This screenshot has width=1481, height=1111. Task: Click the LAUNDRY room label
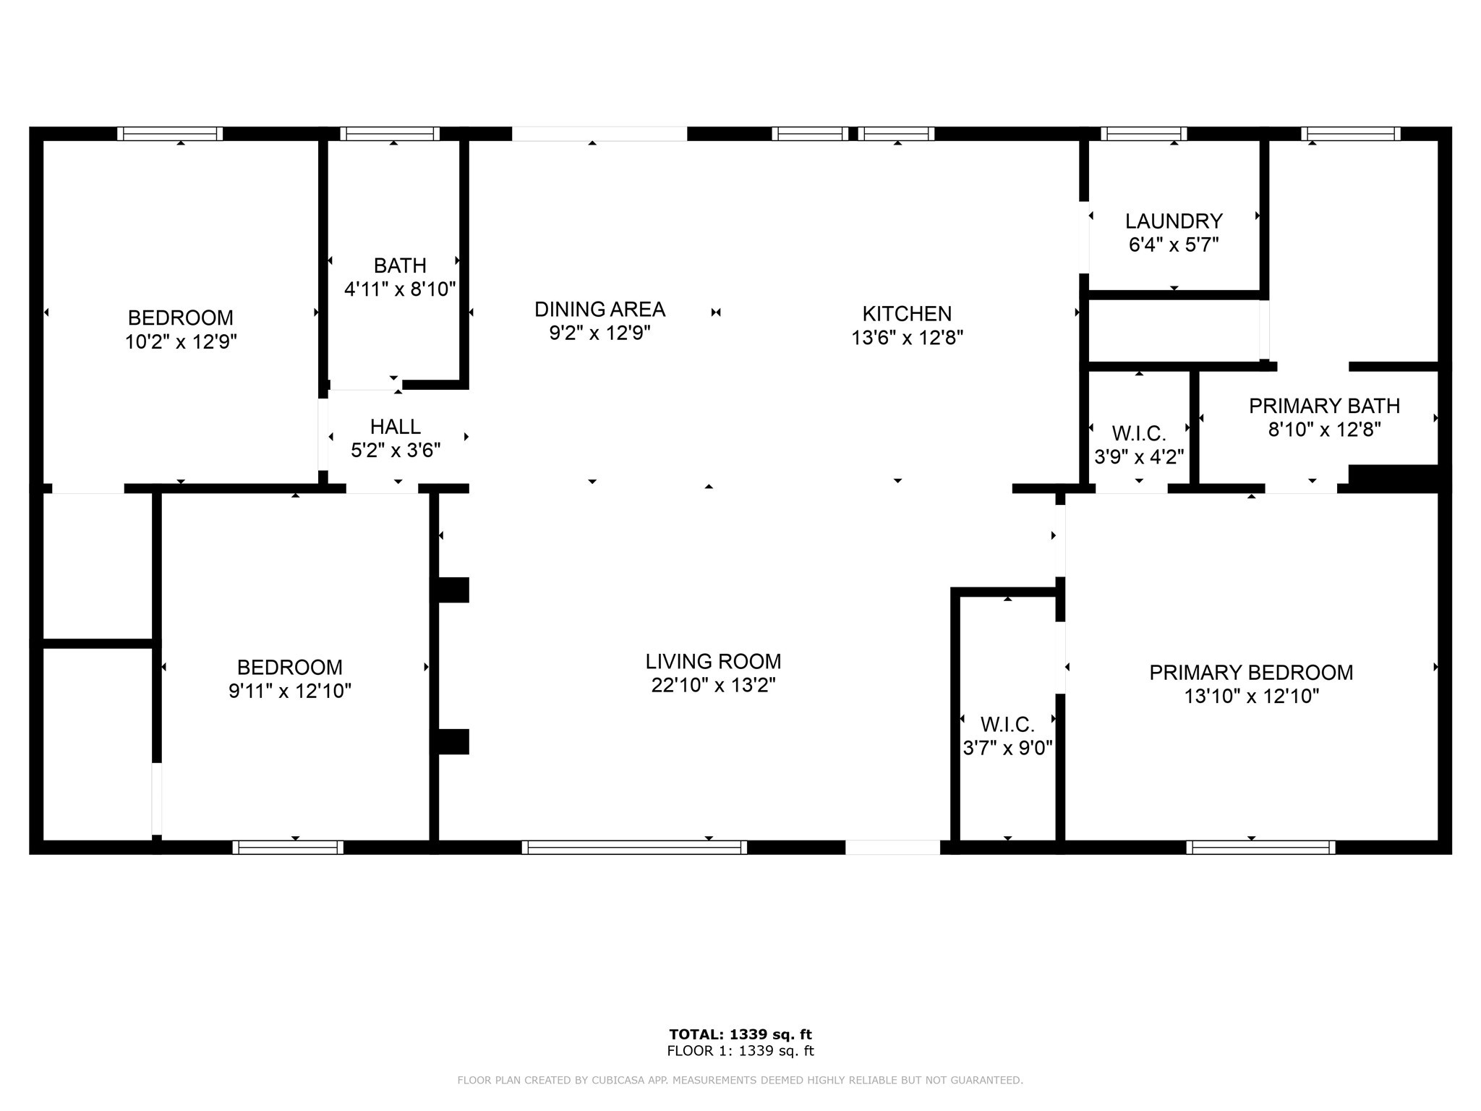(x=1173, y=221)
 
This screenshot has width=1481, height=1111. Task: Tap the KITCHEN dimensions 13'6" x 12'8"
(x=907, y=338)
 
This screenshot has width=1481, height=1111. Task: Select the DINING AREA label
(x=599, y=310)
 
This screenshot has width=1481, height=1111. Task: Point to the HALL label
(x=395, y=427)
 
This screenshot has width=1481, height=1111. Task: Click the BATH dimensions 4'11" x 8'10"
(x=400, y=289)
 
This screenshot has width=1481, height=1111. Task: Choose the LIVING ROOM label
(x=713, y=662)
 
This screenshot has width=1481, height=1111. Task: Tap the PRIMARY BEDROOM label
(x=1251, y=673)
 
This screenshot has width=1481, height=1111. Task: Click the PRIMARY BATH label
(x=1324, y=406)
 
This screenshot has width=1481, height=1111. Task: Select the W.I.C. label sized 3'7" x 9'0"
(x=1007, y=724)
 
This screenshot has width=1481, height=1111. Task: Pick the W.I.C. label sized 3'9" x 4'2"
(x=1139, y=434)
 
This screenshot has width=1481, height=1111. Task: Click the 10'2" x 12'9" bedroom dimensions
(x=181, y=341)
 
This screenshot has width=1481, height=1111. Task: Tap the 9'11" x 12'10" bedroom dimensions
(x=289, y=691)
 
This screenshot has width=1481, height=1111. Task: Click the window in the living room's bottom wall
(x=634, y=847)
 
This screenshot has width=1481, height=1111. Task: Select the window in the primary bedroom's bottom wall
(x=1260, y=847)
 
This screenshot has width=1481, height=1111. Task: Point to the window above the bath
(x=390, y=134)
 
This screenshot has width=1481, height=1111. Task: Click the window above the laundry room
(x=1143, y=134)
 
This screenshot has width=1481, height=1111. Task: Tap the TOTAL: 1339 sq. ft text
(x=740, y=1034)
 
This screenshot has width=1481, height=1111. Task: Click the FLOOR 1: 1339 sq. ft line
(x=740, y=1051)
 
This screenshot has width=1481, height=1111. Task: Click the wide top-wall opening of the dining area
(x=599, y=134)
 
